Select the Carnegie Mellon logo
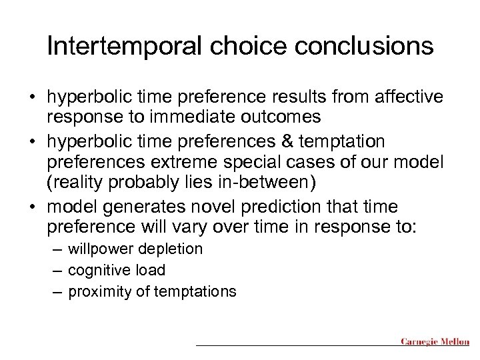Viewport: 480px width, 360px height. click(435, 342)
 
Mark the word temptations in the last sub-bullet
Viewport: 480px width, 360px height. click(198, 291)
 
